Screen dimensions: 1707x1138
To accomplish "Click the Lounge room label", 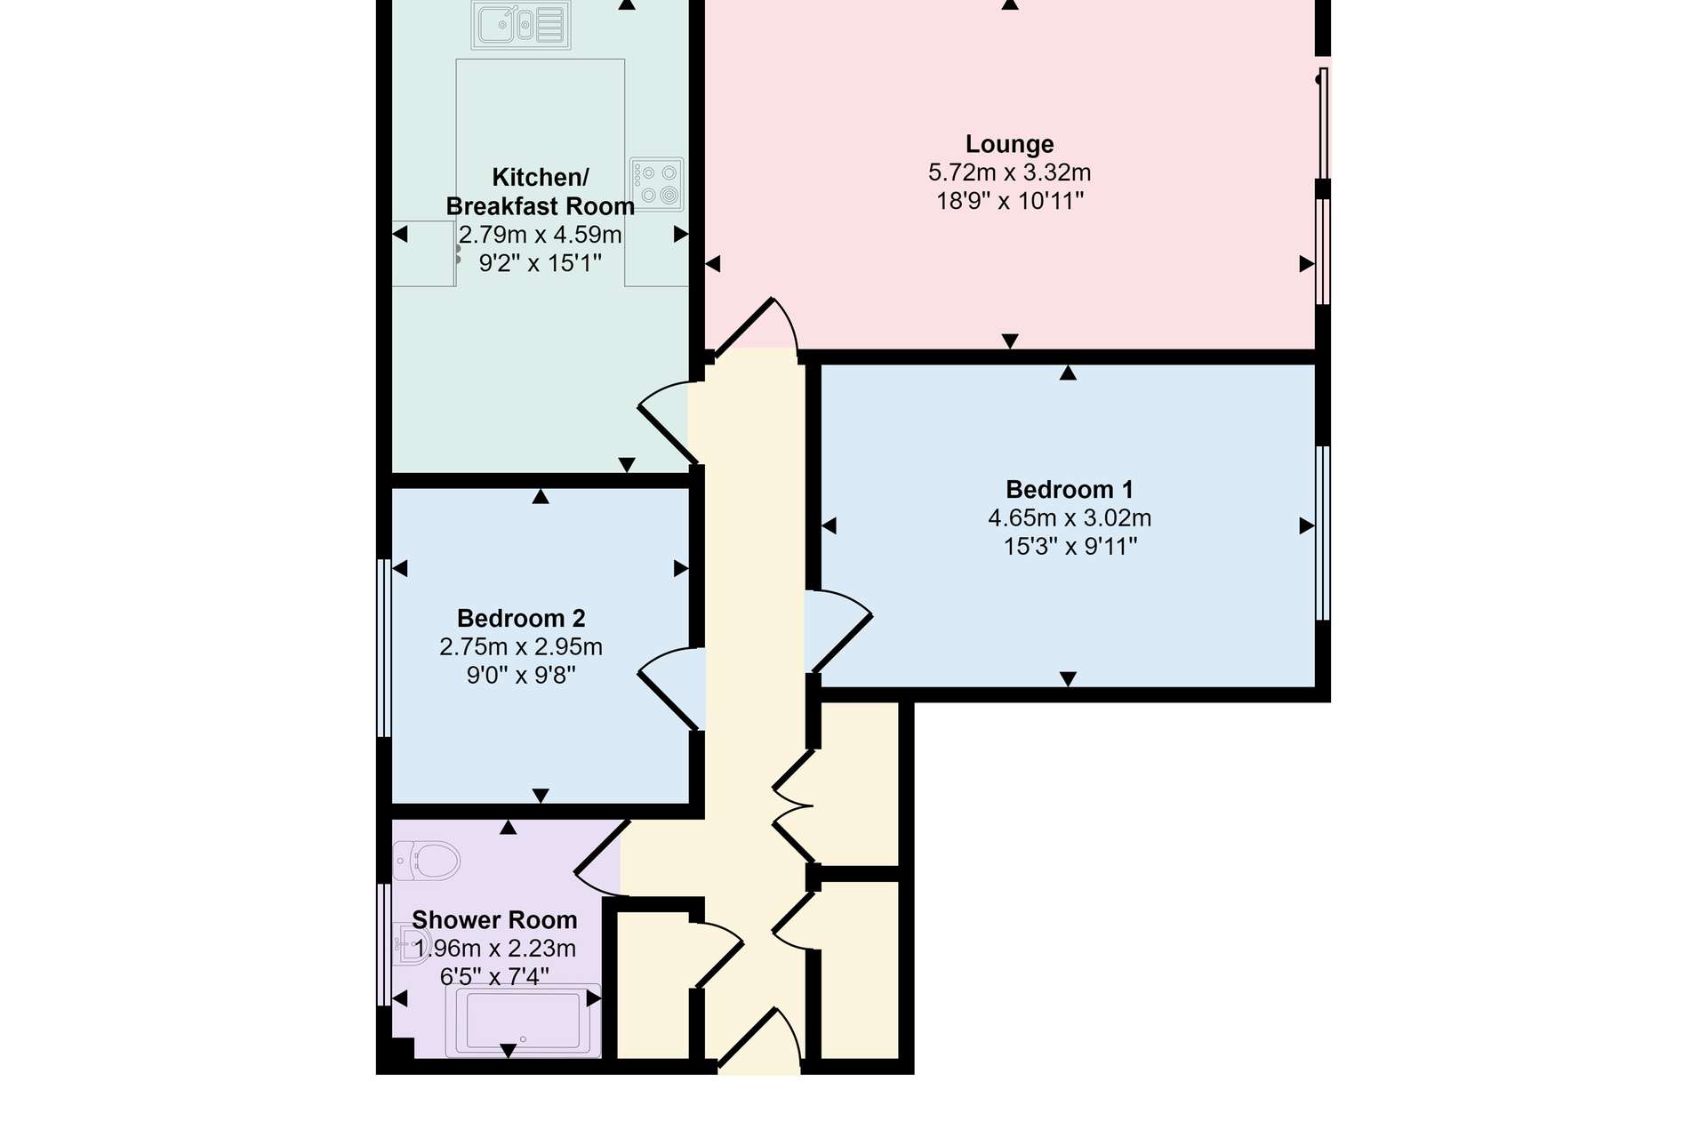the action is pos(1009,144).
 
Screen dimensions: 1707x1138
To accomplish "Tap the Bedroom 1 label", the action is pos(1070,490).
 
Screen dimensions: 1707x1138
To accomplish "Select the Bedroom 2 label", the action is pos(521,619).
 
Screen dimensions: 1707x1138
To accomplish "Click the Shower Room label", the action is pos(494,920).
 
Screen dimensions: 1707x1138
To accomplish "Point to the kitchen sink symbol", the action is pos(522,25).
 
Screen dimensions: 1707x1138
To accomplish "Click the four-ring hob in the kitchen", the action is pos(657,184).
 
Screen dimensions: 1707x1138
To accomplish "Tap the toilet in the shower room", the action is pos(427,861).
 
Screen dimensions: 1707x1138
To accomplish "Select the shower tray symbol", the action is pos(524,1021).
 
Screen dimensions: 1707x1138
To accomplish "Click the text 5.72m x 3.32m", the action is pos(1009,172).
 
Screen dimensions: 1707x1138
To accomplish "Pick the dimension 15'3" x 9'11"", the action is pos(1070,547).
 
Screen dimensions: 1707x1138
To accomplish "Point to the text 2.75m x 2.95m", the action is pos(521,647).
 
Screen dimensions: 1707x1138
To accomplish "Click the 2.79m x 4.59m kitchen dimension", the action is pos(541,235).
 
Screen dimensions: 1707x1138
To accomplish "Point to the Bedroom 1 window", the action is pos(1323,533).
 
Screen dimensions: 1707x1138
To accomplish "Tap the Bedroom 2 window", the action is pos(384,648).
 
